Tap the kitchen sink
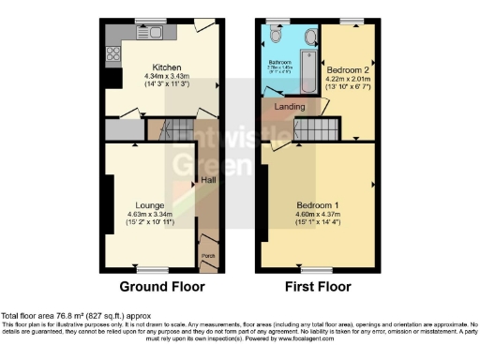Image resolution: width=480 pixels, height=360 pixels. coord(150,34)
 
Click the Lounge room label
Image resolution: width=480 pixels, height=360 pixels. coord(150,204)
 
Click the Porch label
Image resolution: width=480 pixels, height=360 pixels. coord(207,254)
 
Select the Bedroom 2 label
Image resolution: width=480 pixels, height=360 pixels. coord(346,70)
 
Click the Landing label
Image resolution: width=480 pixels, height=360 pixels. coord(290,106)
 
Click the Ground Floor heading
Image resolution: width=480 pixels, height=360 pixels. coord(157,287)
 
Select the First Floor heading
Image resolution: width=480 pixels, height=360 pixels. coord(316,287)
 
